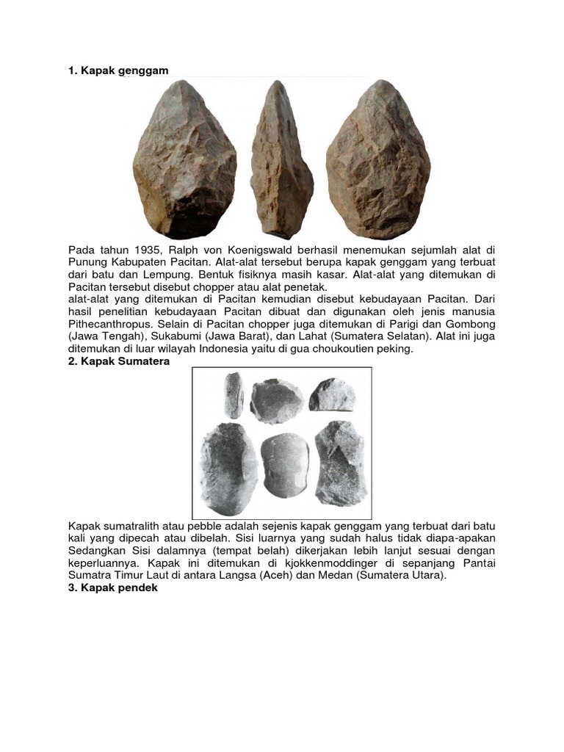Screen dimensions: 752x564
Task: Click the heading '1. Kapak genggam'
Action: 118,70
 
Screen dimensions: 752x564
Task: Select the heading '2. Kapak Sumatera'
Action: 119,361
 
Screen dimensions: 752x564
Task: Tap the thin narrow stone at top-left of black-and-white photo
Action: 234,395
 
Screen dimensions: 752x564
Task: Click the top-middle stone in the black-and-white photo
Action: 276,399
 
